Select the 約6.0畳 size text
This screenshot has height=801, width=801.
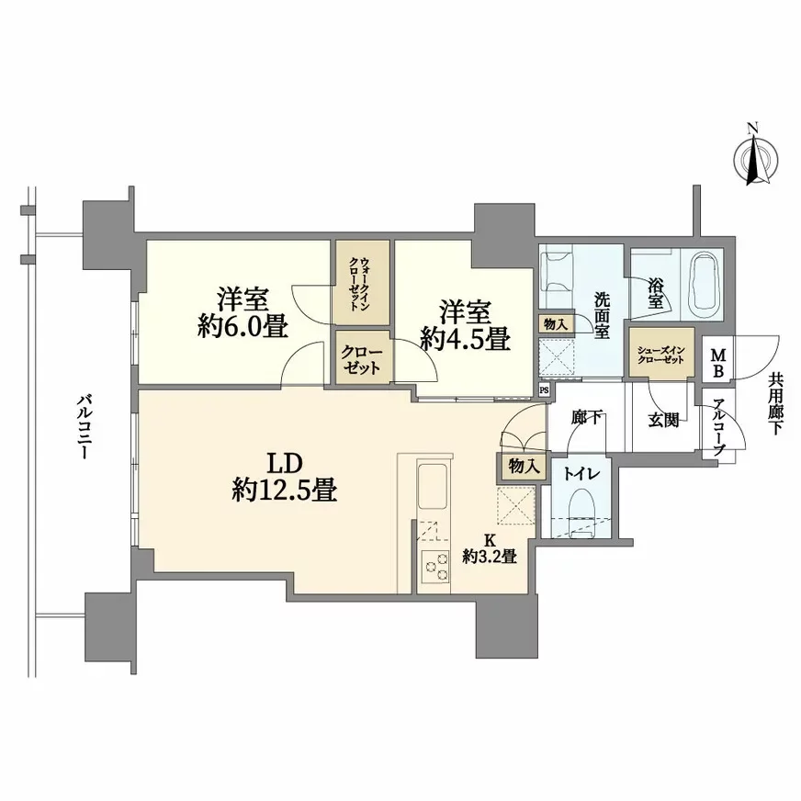[241, 327]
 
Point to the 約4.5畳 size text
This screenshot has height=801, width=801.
[465, 339]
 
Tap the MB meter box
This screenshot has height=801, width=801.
[717, 362]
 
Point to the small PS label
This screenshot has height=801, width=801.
[544, 389]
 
